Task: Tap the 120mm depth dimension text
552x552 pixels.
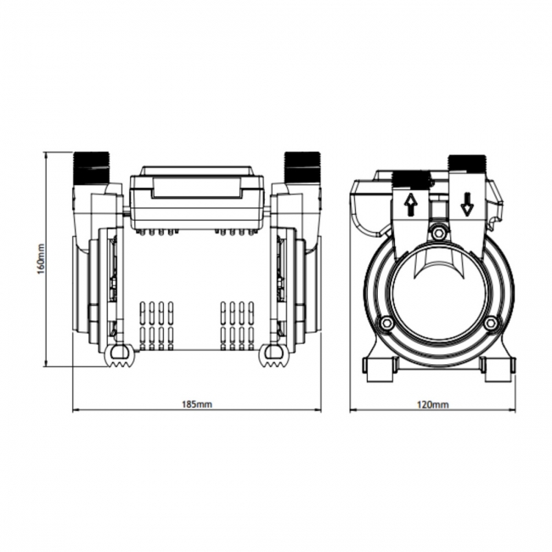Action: click(x=433, y=404)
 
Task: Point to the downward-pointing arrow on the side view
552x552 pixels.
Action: click(x=466, y=205)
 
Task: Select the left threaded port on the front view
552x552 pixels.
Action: click(x=93, y=167)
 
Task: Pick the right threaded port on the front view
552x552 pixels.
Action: click(x=301, y=167)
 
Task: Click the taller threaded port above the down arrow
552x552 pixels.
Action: click(x=465, y=163)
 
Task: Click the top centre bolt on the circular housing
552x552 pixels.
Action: click(x=438, y=233)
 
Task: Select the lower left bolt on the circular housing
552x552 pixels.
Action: click(x=386, y=324)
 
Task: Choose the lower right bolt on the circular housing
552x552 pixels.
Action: click(x=490, y=324)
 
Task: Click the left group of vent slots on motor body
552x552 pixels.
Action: click(x=155, y=324)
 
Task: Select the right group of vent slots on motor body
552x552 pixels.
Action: click(x=238, y=324)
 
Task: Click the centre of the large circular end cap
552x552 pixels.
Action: click(x=438, y=294)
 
